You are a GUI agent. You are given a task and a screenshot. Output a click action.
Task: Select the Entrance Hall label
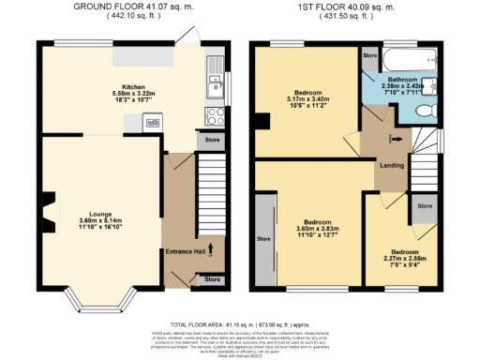187,252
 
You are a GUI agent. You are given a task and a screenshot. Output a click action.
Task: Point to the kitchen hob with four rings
215,117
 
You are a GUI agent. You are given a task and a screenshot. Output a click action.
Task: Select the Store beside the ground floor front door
212,279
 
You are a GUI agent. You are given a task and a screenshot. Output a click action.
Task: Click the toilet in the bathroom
427,112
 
